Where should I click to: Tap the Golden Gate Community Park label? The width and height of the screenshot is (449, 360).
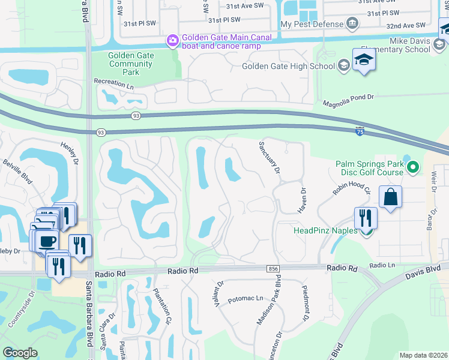coord(130,64)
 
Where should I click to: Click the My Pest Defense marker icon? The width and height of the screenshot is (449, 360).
coord(352,25)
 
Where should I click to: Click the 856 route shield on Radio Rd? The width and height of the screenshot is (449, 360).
coord(274,270)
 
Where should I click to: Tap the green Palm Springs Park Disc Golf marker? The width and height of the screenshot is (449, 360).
coord(412,167)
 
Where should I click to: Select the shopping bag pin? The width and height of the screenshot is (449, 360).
coord(390,197)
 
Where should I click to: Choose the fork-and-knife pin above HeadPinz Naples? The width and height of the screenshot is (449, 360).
coord(366,218)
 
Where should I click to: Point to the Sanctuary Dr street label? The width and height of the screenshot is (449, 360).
coord(269,158)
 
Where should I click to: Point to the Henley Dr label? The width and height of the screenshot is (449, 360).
coord(70,154)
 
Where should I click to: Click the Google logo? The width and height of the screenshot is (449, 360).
coord(20,353)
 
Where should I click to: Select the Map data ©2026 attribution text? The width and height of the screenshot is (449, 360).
coord(423,355)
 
